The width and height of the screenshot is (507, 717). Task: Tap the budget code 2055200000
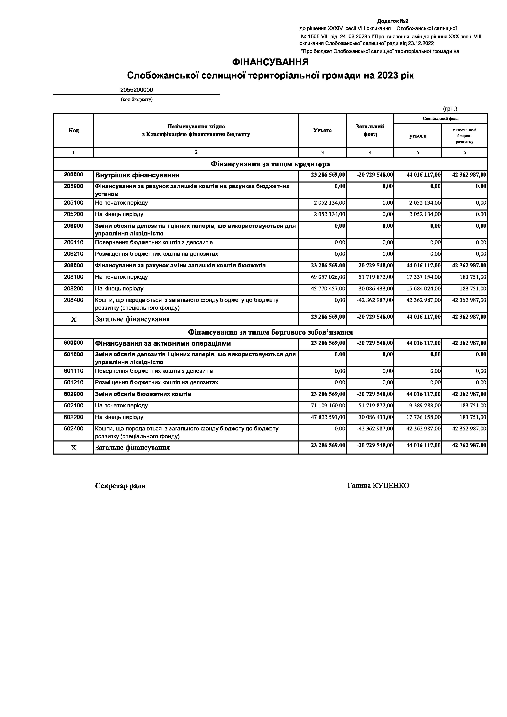click(137, 90)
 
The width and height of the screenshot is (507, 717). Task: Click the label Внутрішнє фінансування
click(137, 175)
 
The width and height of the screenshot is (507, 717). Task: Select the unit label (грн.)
click(450, 109)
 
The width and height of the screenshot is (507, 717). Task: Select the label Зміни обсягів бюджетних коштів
click(143, 394)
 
